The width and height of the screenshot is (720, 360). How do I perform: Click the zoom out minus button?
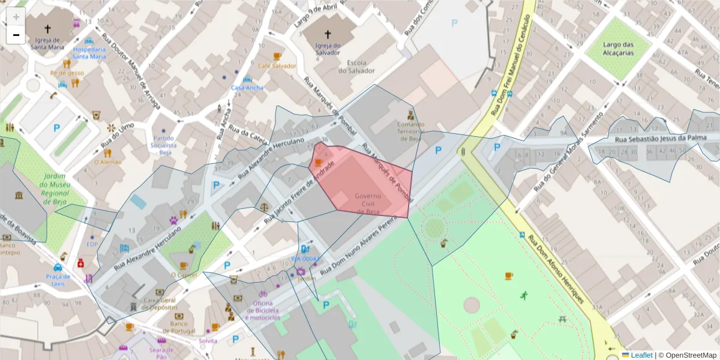(x=16, y=35)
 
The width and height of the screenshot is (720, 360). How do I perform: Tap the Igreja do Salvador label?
(x=328, y=49)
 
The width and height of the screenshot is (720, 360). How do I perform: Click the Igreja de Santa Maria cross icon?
(x=47, y=28)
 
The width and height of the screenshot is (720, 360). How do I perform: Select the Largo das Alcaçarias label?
(x=619, y=48)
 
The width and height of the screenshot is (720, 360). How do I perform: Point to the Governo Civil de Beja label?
(x=368, y=204)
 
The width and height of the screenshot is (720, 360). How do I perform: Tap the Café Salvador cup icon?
(x=277, y=56)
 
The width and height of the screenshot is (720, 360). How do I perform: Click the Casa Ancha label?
(x=247, y=88)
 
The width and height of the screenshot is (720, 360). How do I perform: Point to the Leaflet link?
(x=641, y=355)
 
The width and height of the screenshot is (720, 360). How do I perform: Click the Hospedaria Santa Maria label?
(x=89, y=53)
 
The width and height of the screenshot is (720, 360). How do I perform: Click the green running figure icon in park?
(x=524, y=295)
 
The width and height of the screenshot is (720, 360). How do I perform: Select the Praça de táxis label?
(x=58, y=280)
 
